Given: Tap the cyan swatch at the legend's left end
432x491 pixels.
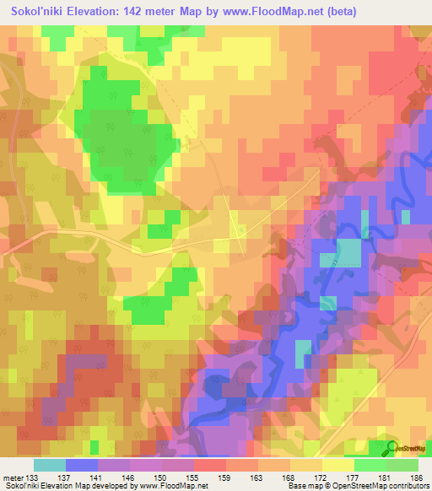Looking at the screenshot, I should pyautogui.click(x=49, y=465).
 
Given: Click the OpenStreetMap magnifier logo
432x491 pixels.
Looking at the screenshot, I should pyautogui.click(x=391, y=449).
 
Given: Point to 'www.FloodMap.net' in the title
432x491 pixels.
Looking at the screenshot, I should pyautogui.click(x=253, y=12).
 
